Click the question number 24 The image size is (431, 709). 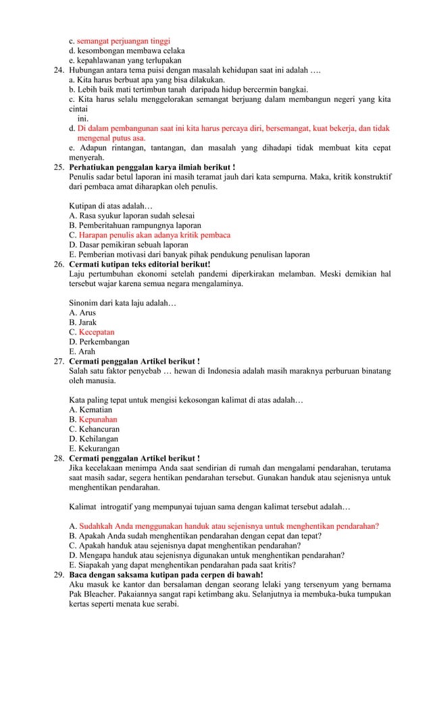[x=59, y=69]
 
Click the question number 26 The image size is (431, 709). [x=59, y=264]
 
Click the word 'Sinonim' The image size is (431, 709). [x=83, y=303]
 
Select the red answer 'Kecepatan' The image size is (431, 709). [x=96, y=332]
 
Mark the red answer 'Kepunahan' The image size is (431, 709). [x=97, y=420]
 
